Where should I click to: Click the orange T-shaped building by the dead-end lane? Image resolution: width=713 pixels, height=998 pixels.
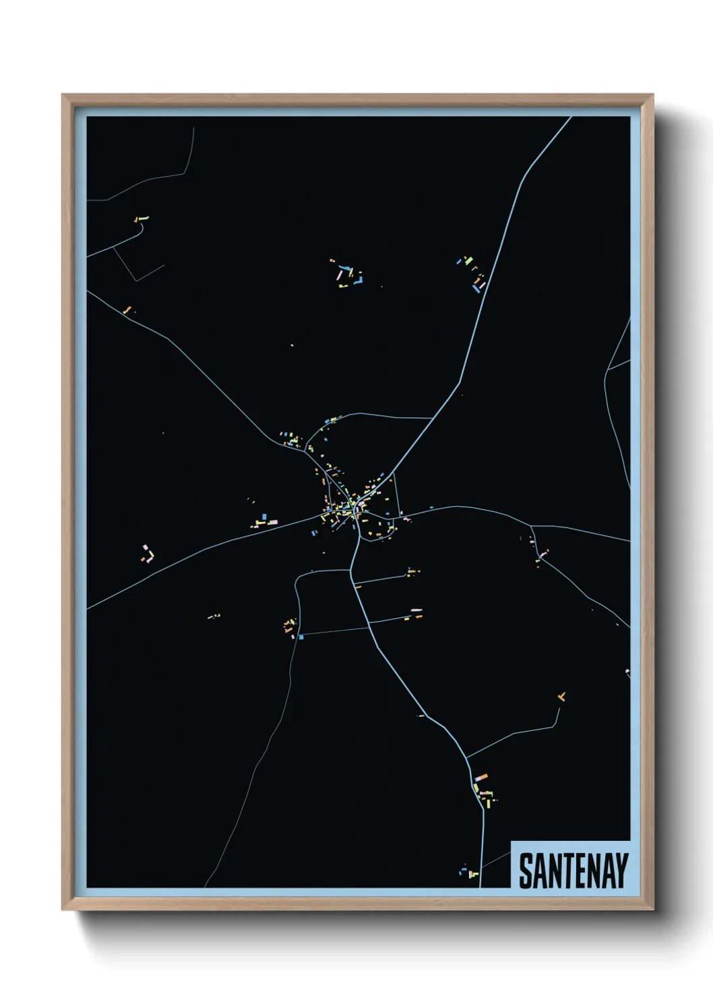coord(561,697)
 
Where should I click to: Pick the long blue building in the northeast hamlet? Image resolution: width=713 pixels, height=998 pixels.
coord(479,287)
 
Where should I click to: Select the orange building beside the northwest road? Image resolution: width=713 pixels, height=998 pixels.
coord(126,310)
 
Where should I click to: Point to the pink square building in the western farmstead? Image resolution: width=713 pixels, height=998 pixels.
coord(144,546)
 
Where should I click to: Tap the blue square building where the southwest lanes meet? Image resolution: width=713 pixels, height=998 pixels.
coord(301,636)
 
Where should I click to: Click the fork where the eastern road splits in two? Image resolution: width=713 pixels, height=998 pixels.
coord(532,525)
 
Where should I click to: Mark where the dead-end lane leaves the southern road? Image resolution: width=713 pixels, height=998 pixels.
coord(466,757)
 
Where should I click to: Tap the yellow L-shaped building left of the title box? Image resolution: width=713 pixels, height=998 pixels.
coord(474,874)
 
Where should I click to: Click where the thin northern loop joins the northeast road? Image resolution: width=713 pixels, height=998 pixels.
coord(432,418)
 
